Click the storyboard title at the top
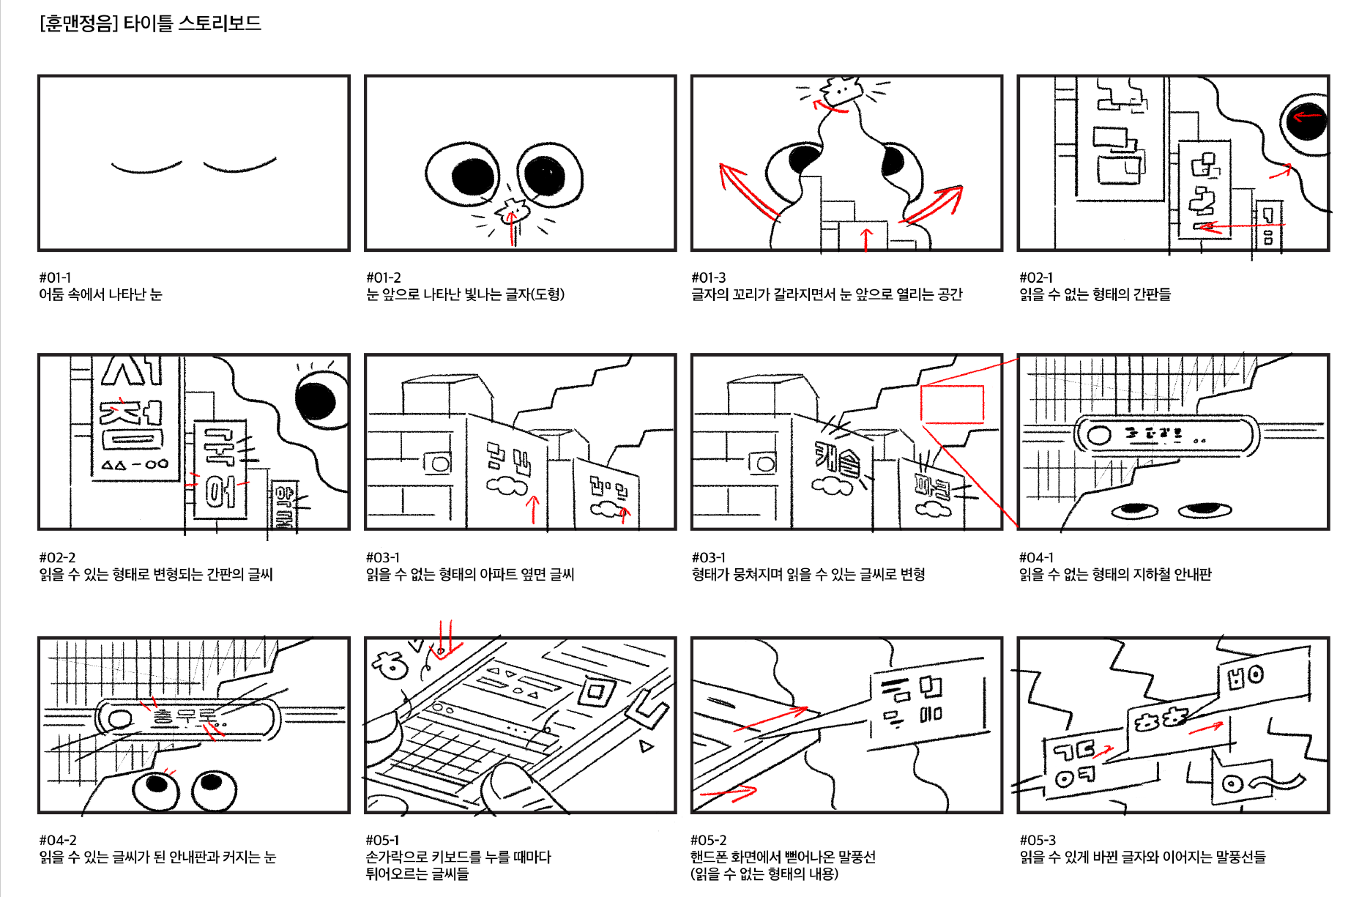pos(150,23)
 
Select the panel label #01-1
pos(55,278)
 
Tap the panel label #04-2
pos(58,840)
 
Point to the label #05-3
pos(1038,840)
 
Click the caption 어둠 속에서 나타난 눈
pos(100,294)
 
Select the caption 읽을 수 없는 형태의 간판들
pos(1095,294)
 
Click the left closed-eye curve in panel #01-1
pos(146,168)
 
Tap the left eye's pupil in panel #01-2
pos(473,176)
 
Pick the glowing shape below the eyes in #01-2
pos(513,211)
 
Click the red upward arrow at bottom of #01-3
pos(867,239)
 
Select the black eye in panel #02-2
pos(316,400)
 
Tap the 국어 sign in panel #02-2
pos(220,468)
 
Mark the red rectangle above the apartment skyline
pos(952,404)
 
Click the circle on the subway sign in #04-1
pos(1099,435)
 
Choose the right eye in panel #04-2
pos(214,789)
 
